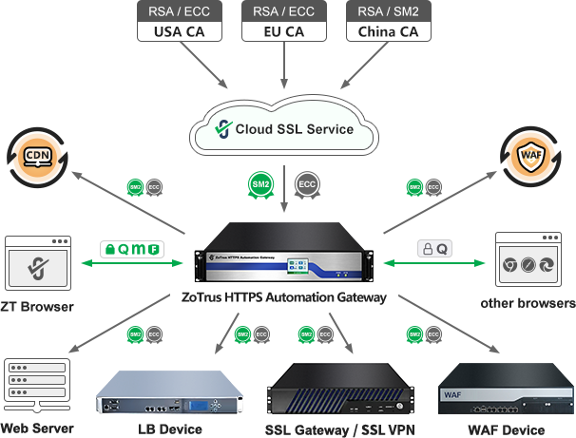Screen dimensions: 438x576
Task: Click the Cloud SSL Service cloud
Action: coord(285,128)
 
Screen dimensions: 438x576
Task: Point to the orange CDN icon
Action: coord(37,156)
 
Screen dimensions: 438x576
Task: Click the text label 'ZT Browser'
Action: coord(37,307)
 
